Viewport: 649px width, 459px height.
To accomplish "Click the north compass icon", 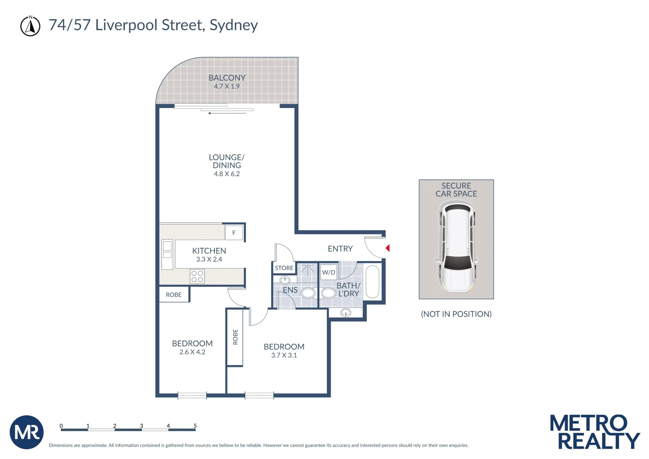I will point(31,26).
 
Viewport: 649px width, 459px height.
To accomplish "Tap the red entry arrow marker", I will point(387,248).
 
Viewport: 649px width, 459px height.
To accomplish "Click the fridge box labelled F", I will point(234,233).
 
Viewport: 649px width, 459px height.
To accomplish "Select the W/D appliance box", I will point(329,272).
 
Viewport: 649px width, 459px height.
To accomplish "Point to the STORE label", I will point(284,268).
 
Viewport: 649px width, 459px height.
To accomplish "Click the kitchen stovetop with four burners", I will point(197,277).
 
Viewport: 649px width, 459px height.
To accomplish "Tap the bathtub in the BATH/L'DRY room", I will point(372,282).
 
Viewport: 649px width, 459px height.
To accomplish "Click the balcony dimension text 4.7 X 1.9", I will point(227,86).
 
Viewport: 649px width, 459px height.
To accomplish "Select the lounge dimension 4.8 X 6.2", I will point(227,174).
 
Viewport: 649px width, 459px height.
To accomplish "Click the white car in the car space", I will point(456,246).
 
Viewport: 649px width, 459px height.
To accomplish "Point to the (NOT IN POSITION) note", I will point(456,314).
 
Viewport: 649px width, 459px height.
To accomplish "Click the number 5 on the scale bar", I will point(195,425).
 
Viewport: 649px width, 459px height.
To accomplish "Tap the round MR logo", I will point(27,432).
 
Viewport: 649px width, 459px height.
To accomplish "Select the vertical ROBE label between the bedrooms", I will point(235,337).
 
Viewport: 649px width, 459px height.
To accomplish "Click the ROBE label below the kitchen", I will point(174,295).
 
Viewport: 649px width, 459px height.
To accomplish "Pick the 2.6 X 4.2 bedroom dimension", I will point(192,352).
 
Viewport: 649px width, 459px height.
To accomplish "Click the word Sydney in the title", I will point(234,25).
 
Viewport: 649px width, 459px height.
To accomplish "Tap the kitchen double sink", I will point(167,250).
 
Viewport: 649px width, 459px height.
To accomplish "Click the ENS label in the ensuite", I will point(290,290).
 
